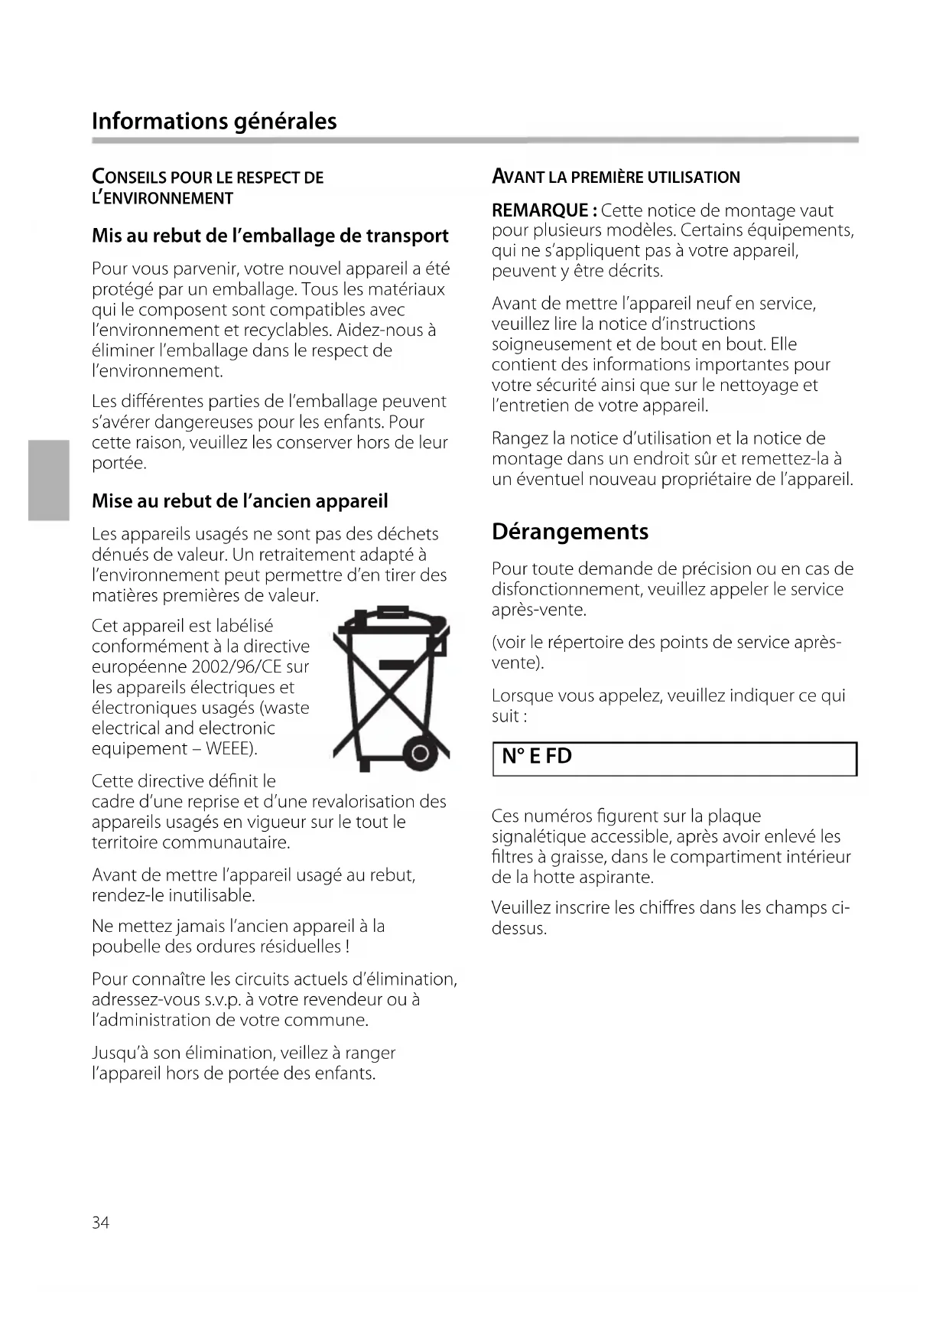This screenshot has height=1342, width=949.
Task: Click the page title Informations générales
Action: coord(214,121)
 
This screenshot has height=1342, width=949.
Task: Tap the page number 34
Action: coord(100,1223)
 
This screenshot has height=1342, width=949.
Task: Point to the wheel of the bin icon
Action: coord(419,755)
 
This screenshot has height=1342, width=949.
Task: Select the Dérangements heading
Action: coord(570,532)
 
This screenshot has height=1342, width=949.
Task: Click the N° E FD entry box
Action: coord(674,758)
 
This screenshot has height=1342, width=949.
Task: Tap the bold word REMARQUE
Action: coord(540,210)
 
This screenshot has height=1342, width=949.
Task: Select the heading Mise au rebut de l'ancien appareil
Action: coord(239,501)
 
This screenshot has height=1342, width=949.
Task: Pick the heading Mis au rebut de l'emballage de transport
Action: coord(270,236)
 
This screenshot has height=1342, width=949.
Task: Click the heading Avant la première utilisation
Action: coord(616,177)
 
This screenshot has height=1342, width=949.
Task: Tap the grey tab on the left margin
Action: coord(49,480)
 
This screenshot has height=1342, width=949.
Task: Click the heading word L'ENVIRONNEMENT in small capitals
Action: coord(162,198)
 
